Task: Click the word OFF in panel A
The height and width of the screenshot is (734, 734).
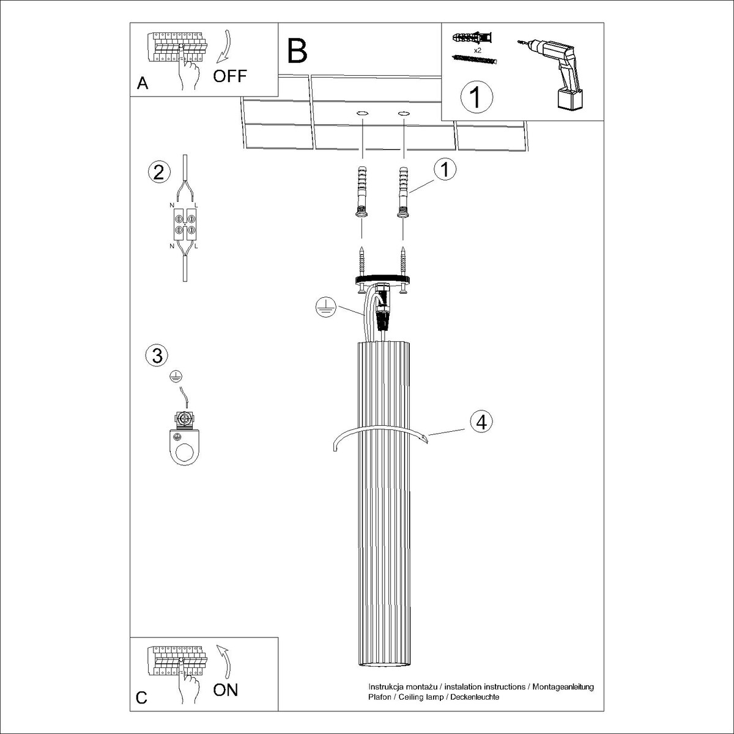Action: [x=230, y=76]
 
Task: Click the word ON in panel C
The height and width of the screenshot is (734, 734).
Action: [x=226, y=689]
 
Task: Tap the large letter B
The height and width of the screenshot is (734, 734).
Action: [x=297, y=51]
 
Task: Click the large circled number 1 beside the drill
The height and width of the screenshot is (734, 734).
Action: [x=476, y=97]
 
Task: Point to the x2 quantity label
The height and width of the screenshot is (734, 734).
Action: [x=478, y=50]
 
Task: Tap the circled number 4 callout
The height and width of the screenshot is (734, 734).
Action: [x=481, y=421]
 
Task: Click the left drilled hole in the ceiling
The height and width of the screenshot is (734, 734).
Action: [x=362, y=114]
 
